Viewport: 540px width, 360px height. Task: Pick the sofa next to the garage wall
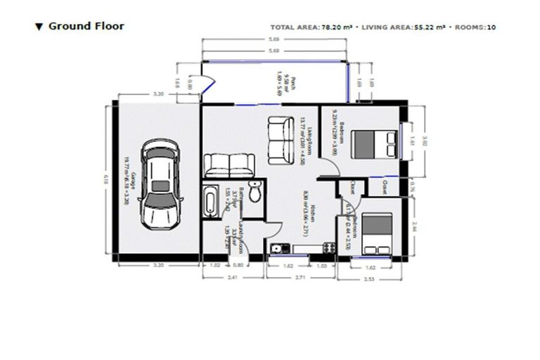click(x=228, y=165)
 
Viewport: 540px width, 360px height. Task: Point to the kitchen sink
click(x=278, y=247)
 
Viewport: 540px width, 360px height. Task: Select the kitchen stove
click(x=326, y=247)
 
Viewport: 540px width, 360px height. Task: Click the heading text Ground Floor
click(x=86, y=27)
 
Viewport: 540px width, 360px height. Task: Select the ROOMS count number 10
click(x=491, y=27)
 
